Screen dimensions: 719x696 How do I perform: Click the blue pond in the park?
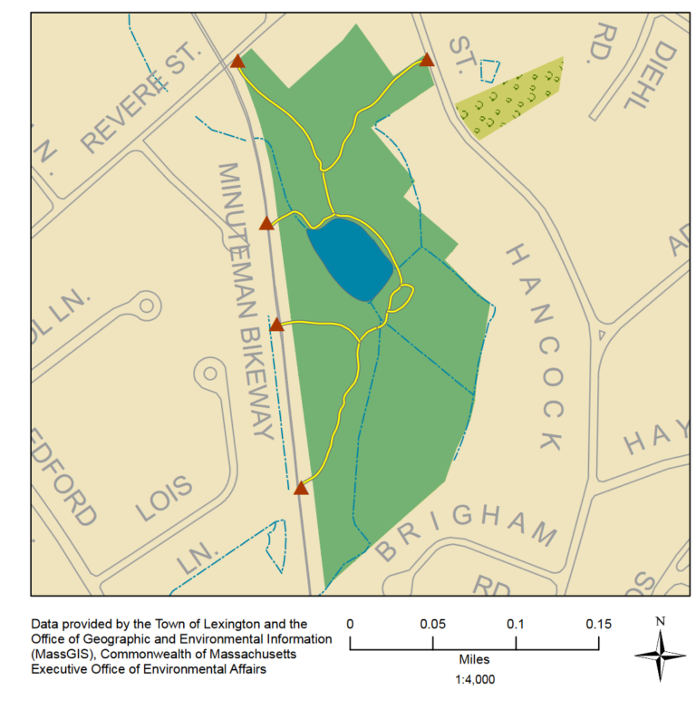point(350,259)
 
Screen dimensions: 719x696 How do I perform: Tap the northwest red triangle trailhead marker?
point(237,62)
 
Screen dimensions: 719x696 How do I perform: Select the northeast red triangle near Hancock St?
point(427,61)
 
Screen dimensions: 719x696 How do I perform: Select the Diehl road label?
point(652,73)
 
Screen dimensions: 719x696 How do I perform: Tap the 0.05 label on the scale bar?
point(432,625)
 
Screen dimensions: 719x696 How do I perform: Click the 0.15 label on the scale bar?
point(598,625)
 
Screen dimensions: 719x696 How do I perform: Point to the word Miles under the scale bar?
point(474,662)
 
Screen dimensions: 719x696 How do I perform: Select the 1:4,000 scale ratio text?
point(474,679)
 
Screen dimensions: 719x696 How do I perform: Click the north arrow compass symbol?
point(661,655)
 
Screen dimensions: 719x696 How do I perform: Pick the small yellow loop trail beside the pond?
point(401,296)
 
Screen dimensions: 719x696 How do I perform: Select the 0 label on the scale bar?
point(350,625)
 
